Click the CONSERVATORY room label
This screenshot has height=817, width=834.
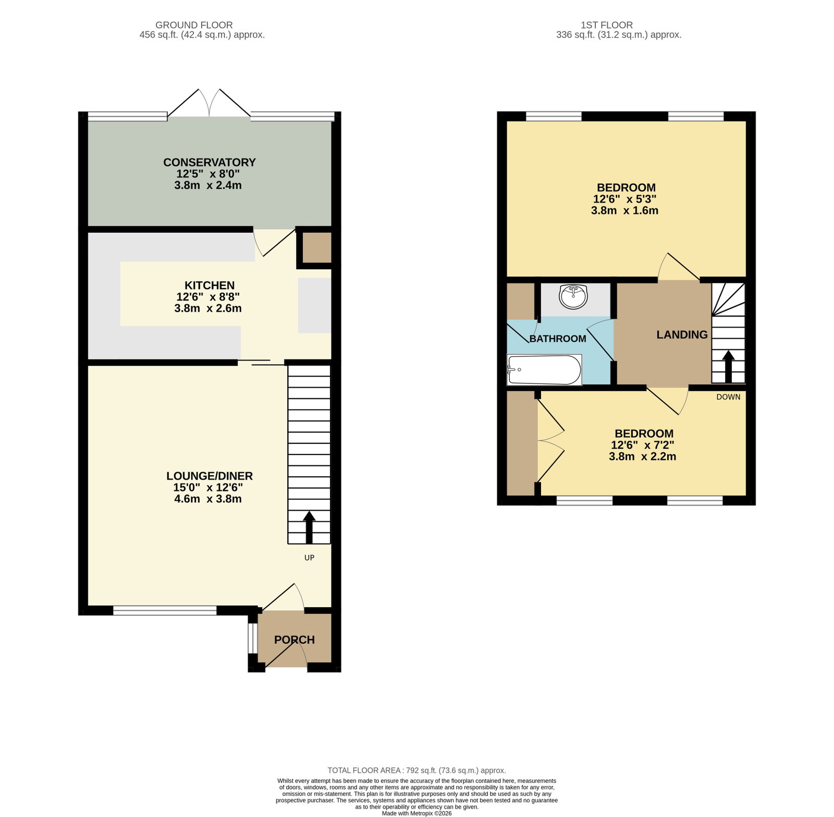pyautogui.click(x=210, y=162)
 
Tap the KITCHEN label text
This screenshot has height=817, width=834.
pyautogui.click(x=210, y=285)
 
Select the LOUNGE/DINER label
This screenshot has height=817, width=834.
pyautogui.click(x=210, y=476)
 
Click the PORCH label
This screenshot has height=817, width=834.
pyautogui.click(x=295, y=640)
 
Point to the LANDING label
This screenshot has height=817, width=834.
pyautogui.click(x=682, y=335)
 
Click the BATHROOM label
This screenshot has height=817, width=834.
pyautogui.click(x=558, y=339)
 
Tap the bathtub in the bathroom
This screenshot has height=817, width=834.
pyautogui.click(x=544, y=370)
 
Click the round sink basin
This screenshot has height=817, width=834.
pyautogui.click(x=573, y=297)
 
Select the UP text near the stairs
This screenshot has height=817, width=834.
pyautogui.click(x=309, y=558)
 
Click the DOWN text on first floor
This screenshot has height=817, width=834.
pyautogui.click(x=728, y=397)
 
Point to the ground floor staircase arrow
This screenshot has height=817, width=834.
pyautogui.click(x=309, y=527)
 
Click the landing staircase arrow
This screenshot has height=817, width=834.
pyautogui.click(x=728, y=367)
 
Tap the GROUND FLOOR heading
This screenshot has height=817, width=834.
pyautogui.click(x=194, y=25)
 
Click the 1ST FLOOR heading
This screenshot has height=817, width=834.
pyautogui.click(x=607, y=25)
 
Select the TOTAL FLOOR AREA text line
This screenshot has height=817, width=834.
pyautogui.click(x=416, y=770)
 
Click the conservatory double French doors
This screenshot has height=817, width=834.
pyautogui.click(x=209, y=103)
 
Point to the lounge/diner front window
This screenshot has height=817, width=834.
pyautogui.click(x=165, y=610)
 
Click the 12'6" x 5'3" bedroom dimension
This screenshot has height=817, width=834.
pyautogui.click(x=624, y=199)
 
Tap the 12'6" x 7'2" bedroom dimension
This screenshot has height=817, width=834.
pyautogui.click(x=643, y=445)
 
